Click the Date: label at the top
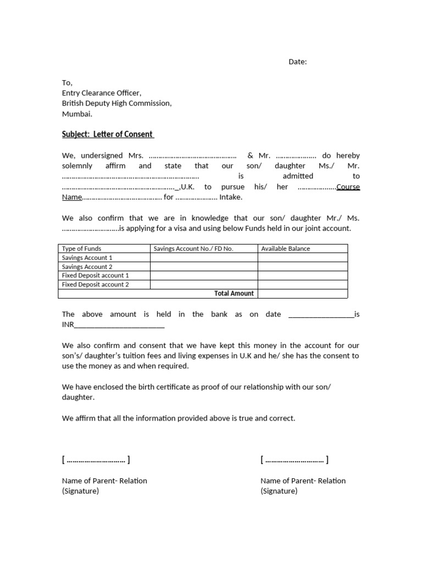click(297, 62)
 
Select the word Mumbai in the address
click(77, 114)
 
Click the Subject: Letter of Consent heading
click(108, 135)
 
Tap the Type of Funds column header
click(81, 249)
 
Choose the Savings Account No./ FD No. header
click(193, 249)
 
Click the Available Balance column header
click(285, 249)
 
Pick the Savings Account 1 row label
click(87, 257)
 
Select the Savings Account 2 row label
click(87, 267)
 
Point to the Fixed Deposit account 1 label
click(95, 275)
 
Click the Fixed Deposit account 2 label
click(95, 284)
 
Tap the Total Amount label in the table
click(234, 294)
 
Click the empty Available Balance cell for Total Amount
click(302, 294)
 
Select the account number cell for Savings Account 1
click(203, 257)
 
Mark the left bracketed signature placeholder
click(96, 460)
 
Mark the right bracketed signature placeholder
click(295, 460)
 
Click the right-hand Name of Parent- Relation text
click(303, 481)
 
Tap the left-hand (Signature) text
click(80, 491)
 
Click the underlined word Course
click(348, 186)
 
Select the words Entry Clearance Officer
click(102, 93)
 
